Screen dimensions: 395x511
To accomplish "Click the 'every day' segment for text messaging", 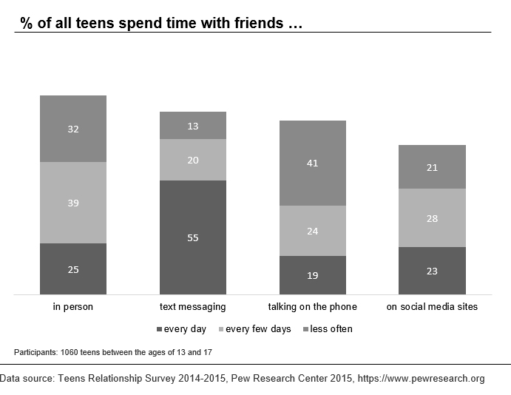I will (x=193, y=237).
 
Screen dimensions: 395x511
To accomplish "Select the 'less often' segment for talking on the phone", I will (x=312, y=163).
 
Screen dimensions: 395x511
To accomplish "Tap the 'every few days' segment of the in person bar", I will (x=73, y=202).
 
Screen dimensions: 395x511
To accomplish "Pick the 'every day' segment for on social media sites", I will (x=432, y=271).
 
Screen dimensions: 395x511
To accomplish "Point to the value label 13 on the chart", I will (x=193, y=126).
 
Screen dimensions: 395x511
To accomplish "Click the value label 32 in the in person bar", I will (x=73, y=129).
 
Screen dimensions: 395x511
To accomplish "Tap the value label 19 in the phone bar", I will (x=312, y=275).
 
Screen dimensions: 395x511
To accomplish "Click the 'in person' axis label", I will (x=73, y=306).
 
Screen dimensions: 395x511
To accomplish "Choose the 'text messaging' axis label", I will (x=193, y=306).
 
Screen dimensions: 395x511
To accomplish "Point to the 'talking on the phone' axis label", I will (x=312, y=306).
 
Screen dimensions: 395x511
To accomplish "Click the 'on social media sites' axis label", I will (x=432, y=306).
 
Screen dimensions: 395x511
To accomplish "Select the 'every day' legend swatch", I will (x=159, y=329).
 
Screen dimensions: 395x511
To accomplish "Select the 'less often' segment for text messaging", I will (x=193, y=126).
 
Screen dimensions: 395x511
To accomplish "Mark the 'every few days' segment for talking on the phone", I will (x=312, y=230).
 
